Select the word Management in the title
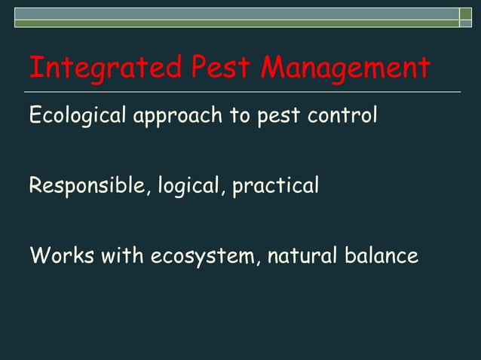[346, 69]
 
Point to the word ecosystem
[204, 257]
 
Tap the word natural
[302, 255]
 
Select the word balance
[381, 255]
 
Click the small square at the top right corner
[466, 14]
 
